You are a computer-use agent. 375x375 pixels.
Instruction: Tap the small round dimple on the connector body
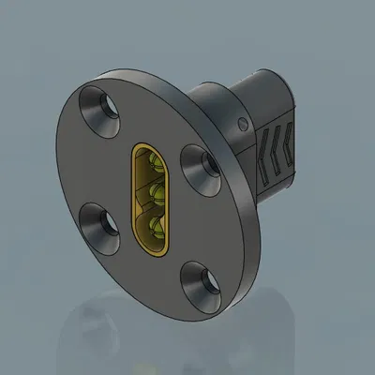(245, 123)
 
